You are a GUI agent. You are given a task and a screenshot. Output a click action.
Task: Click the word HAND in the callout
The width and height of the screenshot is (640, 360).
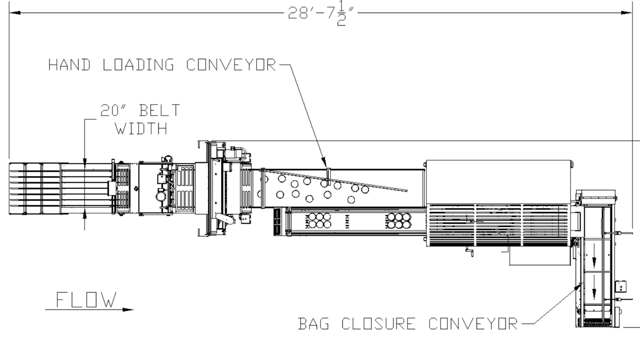click(69, 65)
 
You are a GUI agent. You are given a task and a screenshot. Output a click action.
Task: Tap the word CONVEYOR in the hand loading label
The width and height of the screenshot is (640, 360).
click(231, 65)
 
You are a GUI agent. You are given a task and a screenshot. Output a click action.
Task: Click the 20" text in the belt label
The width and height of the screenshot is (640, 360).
click(110, 111)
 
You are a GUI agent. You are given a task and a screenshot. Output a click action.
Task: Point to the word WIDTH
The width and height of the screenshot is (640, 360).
click(141, 129)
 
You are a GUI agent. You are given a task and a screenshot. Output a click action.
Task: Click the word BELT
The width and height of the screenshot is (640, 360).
click(160, 111)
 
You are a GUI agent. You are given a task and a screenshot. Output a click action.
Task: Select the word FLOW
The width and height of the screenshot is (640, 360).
click(86, 300)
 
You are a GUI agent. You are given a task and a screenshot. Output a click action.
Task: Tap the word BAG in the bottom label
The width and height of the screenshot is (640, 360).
click(313, 324)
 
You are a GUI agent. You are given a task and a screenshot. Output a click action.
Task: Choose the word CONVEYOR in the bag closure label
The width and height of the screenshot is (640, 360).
click(473, 324)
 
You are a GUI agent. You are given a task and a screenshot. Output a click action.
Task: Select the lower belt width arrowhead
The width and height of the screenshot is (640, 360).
click(85, 215)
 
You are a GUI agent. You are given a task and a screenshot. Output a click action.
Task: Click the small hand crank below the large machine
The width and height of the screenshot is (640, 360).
click(470, 252)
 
